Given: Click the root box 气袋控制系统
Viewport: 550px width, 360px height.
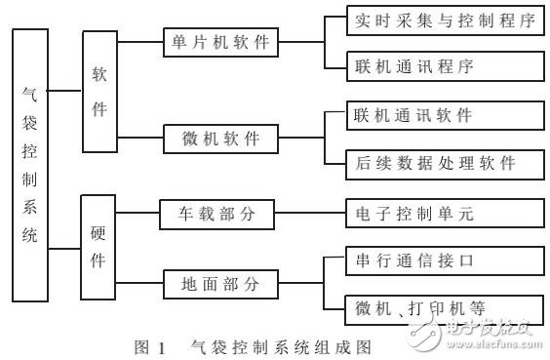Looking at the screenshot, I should pos(29,164).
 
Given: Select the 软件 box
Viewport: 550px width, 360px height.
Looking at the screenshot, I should pos(99,93).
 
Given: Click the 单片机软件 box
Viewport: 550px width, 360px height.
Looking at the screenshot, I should pos(218,43).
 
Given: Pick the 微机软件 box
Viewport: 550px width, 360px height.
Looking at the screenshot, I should pos(218,139).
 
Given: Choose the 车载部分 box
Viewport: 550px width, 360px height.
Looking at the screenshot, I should pos(218,214).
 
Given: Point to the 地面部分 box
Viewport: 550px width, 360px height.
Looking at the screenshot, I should pos(218,284).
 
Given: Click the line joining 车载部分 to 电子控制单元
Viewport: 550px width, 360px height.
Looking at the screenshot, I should pos(310,214).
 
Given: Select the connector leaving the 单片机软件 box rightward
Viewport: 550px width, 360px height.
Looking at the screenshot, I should pos(300,43).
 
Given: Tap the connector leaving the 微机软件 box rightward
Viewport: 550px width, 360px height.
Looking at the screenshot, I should pos(300,139).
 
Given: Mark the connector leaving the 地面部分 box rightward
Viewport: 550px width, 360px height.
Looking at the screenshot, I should pos(300,284).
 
